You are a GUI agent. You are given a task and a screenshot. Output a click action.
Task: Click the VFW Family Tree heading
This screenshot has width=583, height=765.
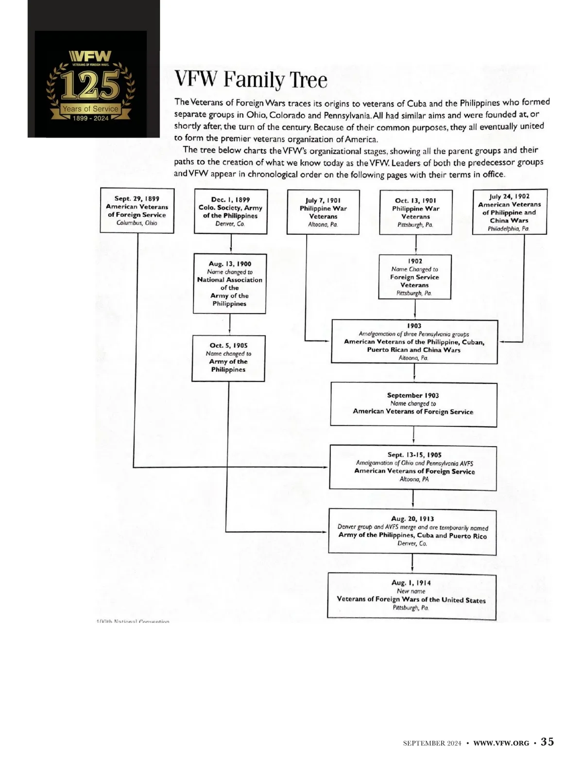pyautogui.click(x=251, y=80)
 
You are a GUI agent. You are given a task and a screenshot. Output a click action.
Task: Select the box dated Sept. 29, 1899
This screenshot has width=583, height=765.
pyautogui.click(x=137, y=210)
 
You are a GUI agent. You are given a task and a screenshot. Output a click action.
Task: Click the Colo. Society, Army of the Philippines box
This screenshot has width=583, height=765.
pyautogui.click(x=230, y=211)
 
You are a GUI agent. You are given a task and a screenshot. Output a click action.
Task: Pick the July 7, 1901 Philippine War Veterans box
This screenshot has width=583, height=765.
pyautogui.click(x=323, y=212)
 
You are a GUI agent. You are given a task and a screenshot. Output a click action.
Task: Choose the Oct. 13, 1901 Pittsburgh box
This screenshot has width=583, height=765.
pyautogui.click(x=415, y=212)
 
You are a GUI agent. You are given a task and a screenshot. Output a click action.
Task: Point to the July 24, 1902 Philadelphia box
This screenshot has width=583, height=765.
pyautogui.click(x=509, y=212)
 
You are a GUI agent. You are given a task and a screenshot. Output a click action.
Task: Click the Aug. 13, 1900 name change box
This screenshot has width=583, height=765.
pyautogui.click(x=229, y=283)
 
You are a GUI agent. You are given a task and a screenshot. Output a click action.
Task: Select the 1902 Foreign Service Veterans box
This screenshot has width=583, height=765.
pyautogui.click(x=414, y=277)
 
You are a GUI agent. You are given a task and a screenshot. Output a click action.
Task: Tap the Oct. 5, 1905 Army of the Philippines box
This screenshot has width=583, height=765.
pyautogui.click(x=228, y=358)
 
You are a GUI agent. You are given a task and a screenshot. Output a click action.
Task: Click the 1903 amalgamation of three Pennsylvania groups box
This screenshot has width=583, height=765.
pyautogui.click(x=414, y=342)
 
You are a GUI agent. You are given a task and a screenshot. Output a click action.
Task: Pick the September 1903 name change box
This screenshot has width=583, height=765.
pyautogui.click(x=413, y=404)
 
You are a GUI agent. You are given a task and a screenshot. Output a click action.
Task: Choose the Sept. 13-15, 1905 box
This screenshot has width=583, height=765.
pyautogui.click(x=413, y=468)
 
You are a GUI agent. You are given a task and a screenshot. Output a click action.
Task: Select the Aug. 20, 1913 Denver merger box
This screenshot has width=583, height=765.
pyautogui.click(x=412, y=532)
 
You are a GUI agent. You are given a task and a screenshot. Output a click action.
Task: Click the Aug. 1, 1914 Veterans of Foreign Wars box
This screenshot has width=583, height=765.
pyautogui.click(x=412, y=596)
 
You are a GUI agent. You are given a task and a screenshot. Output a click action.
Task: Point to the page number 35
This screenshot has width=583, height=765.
pyautogui.click(x=547, y=742)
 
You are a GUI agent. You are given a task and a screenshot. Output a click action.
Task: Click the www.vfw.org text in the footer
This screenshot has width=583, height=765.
pyautogui.click(x=501, y=743)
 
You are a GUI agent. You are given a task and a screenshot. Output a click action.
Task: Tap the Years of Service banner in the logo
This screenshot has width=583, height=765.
pyautogui.click(x=90, y=109)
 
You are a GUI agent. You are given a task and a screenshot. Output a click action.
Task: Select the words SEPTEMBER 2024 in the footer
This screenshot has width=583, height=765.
pyautogui.click(x=432, y=743)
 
